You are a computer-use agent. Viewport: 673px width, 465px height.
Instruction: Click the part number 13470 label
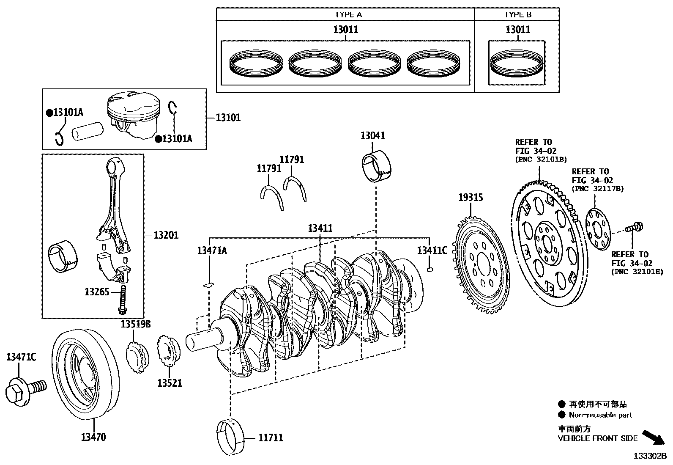93,437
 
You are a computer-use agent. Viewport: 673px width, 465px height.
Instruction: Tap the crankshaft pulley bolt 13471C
25,391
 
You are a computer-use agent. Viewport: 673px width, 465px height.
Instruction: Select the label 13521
170,383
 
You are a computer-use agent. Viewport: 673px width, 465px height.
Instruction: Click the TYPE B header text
518,14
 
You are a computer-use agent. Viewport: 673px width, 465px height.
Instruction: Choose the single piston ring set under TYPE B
517,63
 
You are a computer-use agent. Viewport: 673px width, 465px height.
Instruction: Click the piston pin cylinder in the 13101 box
88,131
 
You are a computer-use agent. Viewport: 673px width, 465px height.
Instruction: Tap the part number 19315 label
471,198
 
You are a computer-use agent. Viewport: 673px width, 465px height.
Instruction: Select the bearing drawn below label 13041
377,166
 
